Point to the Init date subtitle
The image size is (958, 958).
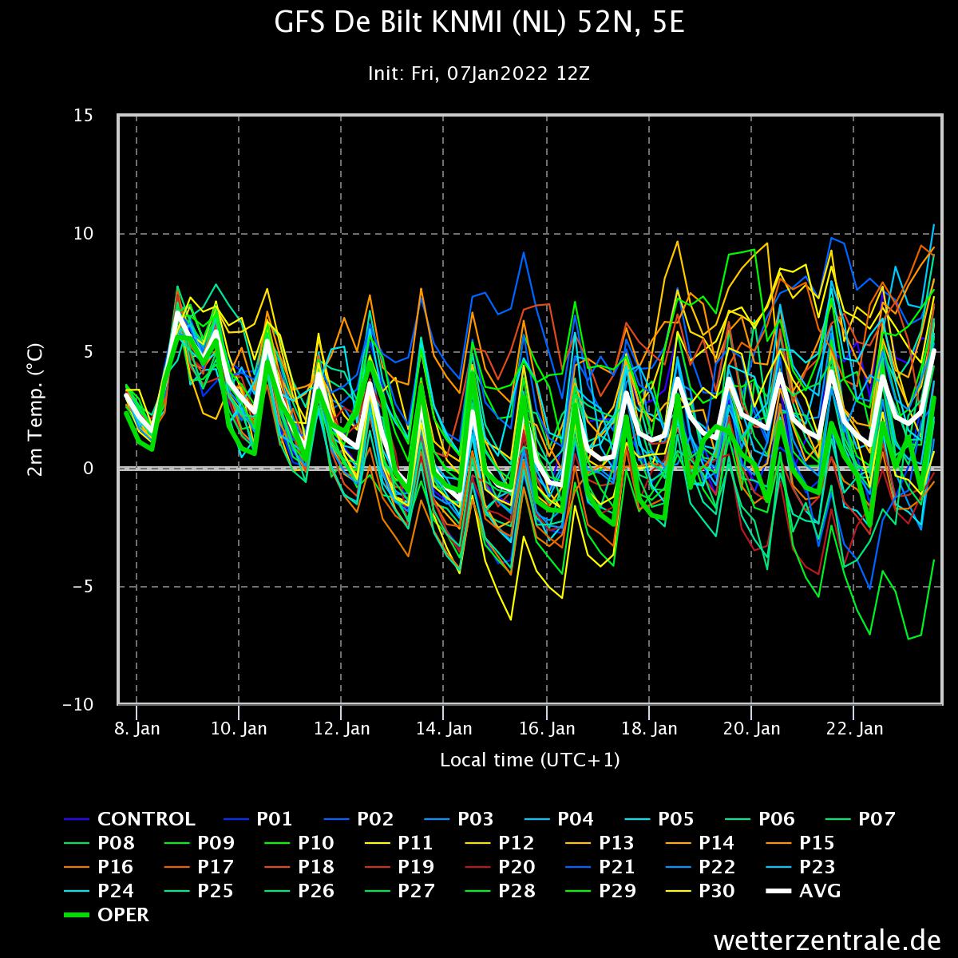coord(479,73)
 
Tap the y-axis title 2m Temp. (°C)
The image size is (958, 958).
coord(36,410)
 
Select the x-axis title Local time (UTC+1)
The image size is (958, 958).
coord(530,760)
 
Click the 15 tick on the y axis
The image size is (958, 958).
coord(84,115)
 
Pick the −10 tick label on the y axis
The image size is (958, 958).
coord(78,704)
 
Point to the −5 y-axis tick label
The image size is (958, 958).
coord(82,586)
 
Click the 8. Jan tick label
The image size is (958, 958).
coord(137,728)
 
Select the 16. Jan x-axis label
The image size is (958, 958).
coord(547,728)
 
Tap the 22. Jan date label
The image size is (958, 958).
coord(854,728)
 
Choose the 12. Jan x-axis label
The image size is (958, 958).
coord(342,728)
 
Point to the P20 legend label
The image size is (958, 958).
coord(517,866)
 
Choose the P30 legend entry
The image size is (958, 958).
coord(716,890)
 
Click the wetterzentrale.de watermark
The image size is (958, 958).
coord(827,940)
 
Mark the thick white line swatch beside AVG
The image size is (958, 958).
coord(778,891)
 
